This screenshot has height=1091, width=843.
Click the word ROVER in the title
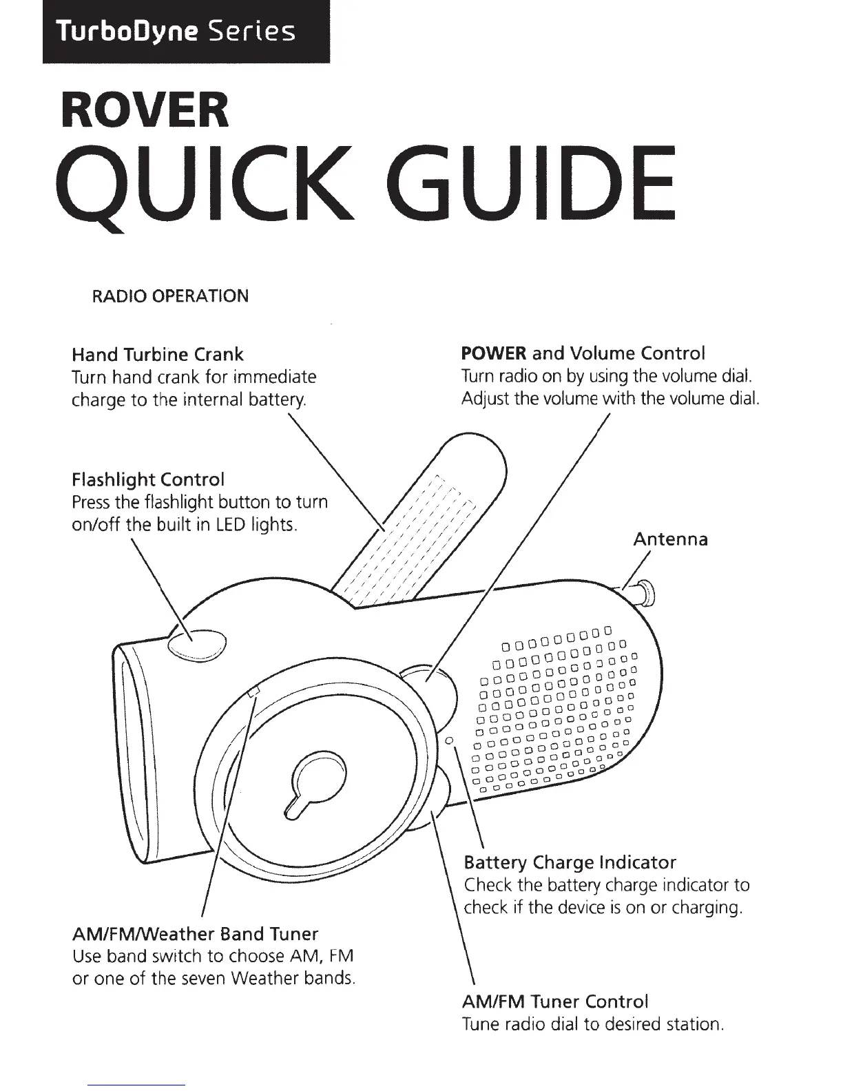pyautogui.click(x=145, y=110)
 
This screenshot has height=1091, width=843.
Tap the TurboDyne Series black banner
pyautogui.click(x=186, y=32)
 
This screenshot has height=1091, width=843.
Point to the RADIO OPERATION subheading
pyautogui.click(x=170, y=296)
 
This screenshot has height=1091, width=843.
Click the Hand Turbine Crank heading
pyautogui.click(x=158, y=355)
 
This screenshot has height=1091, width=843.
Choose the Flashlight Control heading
pyautogui.click(x=148, y=479)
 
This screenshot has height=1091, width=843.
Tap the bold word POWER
pyautogui.click(x=493, y=354)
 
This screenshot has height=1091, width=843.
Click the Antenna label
pyautogui.click(x=669, y=539)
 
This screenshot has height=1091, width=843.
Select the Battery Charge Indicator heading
pyautogui.click(x=570, y=862)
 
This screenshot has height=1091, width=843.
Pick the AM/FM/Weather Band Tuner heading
pyautogui.click(x=195, y=934)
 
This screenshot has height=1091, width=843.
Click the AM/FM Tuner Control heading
pyautogui.click(x=556, y=1001)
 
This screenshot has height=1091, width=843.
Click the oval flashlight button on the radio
pyautogui.click(x=196, y=644)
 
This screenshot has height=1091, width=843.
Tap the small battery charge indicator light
pyautogui.click(x=448, y=741)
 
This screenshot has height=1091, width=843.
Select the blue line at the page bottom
pyautogui.click(x=138, y=1085)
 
